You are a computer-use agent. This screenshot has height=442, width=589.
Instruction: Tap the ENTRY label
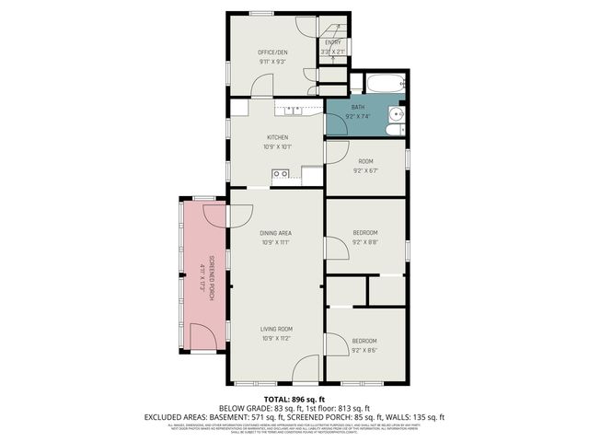(x=333, y=41)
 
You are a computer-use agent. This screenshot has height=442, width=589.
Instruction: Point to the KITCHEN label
(x=277, y=137)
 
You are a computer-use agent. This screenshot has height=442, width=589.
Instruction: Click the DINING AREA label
(x=276, y=233)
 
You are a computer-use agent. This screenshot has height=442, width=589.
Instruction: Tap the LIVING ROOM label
(x=276, y=329)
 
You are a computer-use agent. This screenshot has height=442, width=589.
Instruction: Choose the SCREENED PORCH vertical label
(x=211, y=274)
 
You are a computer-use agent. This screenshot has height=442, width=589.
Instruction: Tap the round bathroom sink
(x=396, y=114)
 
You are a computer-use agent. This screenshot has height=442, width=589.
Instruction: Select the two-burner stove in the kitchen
(x=281, y=173)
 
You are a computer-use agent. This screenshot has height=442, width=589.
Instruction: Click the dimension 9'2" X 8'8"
(x=365, y=242)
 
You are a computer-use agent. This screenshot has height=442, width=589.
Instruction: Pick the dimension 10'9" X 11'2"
(x=276, y=338)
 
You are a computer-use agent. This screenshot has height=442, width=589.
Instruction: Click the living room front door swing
(x=311, y=371)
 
